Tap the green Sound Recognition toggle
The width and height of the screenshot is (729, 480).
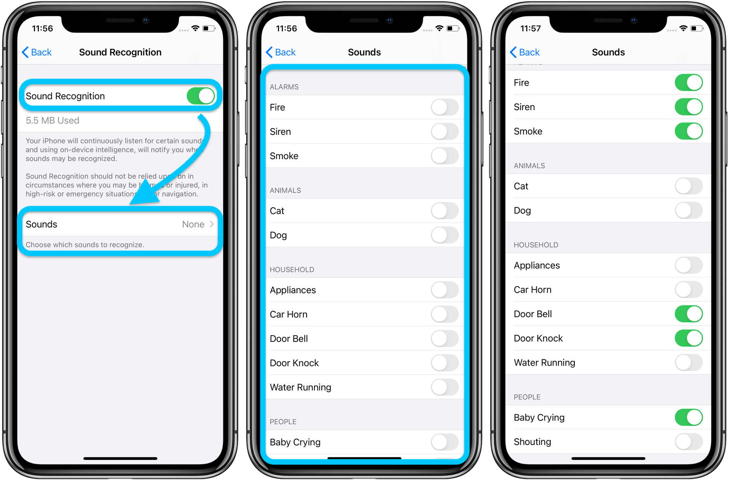pos(201,96)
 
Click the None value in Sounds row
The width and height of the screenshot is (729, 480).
pos(193,224)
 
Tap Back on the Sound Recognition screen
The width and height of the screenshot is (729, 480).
pos(37,52)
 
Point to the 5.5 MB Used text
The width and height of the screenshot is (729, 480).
pos(52,121)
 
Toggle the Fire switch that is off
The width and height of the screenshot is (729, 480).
pos(445,107)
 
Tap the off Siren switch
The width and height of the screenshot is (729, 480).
pos(445,132)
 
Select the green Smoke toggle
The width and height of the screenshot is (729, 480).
pos(689,131)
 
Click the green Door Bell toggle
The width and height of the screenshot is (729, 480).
pos(689,314)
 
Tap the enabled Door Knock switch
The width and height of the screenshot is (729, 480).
pos(689,338)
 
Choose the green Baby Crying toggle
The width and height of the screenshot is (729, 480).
pos(689,417)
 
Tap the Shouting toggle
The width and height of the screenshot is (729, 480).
pos(689,442)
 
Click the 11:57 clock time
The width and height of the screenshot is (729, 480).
pos(530,28)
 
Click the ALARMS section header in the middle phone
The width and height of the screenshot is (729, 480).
pos(284,87)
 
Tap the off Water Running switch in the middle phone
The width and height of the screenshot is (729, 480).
pos(445,387)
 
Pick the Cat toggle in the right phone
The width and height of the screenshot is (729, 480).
pos(689,186)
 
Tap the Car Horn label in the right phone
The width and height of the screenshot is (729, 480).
pos(532,290)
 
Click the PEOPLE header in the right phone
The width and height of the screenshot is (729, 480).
pos(527,397)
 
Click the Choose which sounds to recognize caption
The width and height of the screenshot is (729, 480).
pos(85,245)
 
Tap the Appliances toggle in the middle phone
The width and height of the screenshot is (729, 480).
pos(445,290)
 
